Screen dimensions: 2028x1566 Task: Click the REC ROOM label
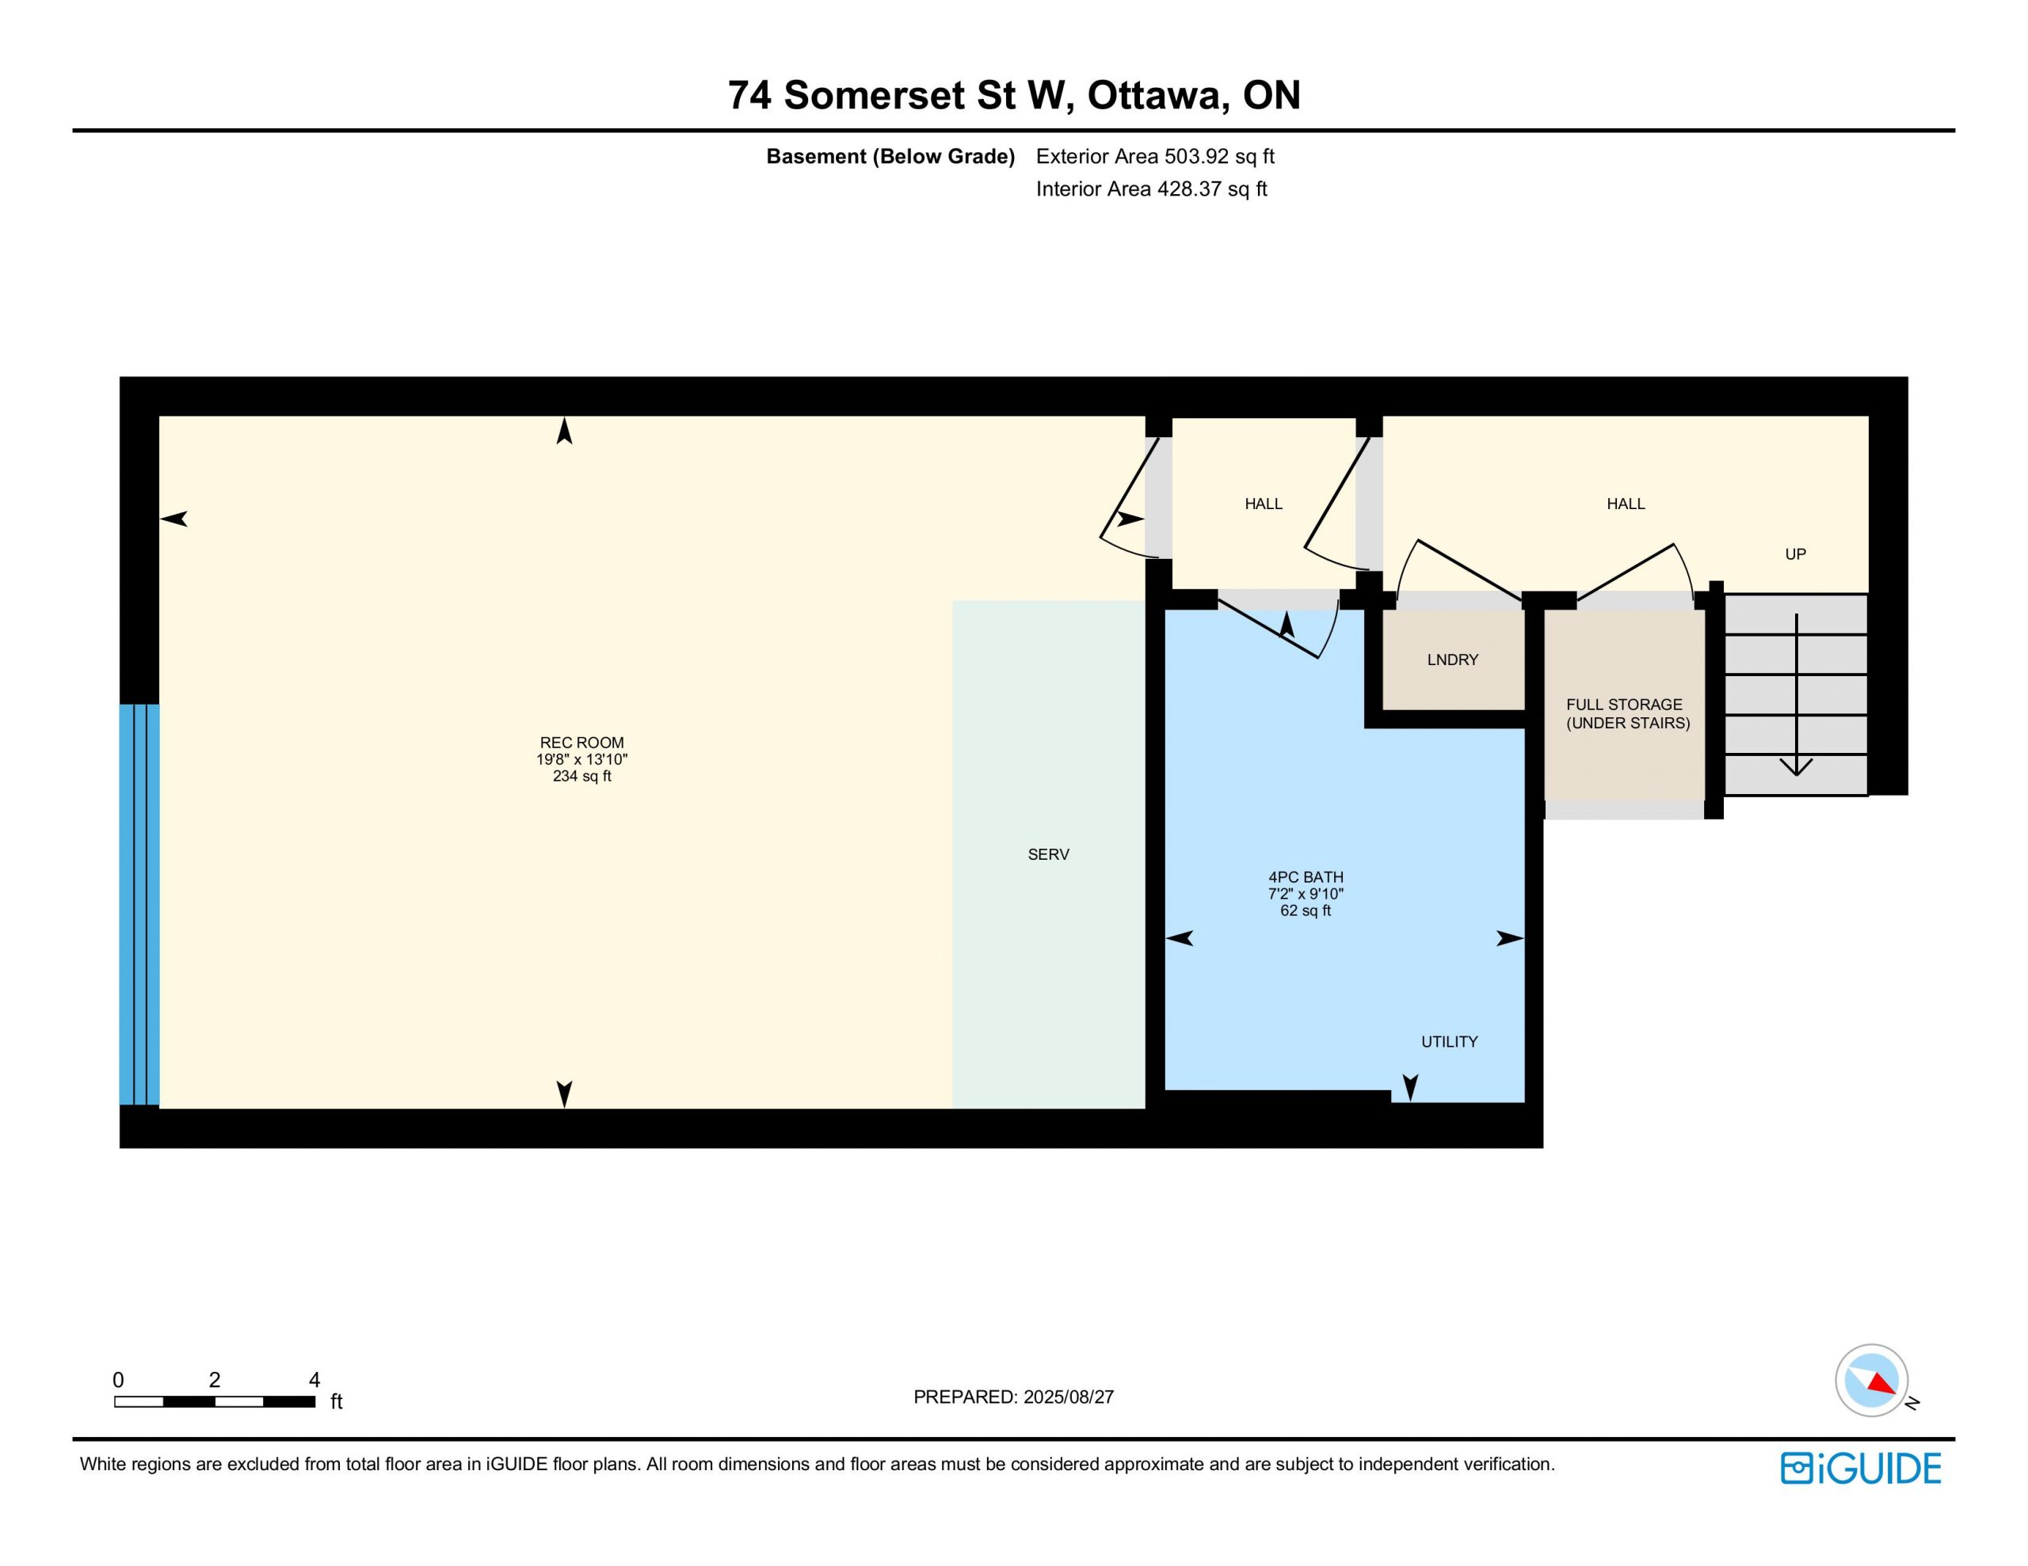pyautogui.click(x=581, y=743)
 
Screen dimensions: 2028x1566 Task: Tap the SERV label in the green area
pyautogui.click(x=1048, y=854)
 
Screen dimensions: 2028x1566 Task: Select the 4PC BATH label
pyautogui.click(x=1306, y=877)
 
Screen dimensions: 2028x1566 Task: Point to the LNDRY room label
pyautogui.click(x=1452, y=660)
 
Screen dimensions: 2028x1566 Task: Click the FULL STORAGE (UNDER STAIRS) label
pyautogui.click(x=1628, y=714)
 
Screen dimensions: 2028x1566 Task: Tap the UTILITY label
pyautogui.click(x=1449, y=1042)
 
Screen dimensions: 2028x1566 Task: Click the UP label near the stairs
pyautogui.click(x=1795, y=554)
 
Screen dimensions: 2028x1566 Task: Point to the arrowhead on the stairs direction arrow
pyautogui.click(x=1796, y=766)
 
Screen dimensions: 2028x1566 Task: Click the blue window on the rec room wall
pyautogui.click(x=139, y=904)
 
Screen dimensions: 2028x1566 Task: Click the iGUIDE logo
pyautogui.click(x=1860, y=1469)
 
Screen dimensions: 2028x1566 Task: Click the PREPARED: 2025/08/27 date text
pyautogui.click(x=1013, y=1397)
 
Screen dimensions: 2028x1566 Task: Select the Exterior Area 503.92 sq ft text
pyautogui.click(x=1155, y=156)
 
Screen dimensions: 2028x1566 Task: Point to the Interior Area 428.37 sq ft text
pyautogui.click(x=1151, y=189)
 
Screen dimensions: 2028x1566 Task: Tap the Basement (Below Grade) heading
pyautogui.click(x=890, y=156)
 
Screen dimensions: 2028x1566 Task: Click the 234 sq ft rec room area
pyautogui.click(x=581, y=776)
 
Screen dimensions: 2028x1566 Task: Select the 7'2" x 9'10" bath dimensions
pyautogui.click(x=1306, y=894)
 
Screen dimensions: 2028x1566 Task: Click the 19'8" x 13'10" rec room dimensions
pyautogui.click(x=581, y=759)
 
